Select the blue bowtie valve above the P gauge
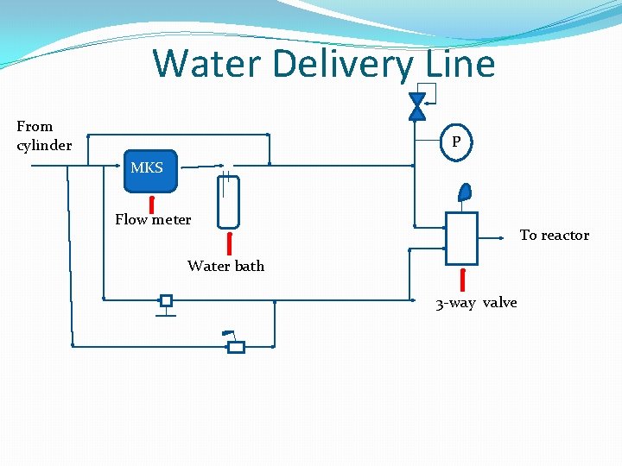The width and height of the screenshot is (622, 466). click(417, 106)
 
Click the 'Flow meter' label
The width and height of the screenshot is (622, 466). click(153, 219)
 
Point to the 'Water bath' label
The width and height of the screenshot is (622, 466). click(225, 266)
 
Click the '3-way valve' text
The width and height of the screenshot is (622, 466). click(476, 303)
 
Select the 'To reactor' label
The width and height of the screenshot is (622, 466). click(554, 235)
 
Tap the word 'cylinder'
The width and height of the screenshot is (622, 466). click(44, 145)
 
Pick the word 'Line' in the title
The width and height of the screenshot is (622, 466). click(460, 64)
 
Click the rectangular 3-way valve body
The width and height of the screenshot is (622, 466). click(461, 237)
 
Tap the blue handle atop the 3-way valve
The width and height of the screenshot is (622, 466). click(465, 193)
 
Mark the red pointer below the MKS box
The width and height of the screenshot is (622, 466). click(152, 205)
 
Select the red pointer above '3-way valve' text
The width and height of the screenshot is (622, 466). click(463, 280)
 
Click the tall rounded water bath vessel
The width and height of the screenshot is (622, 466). click(228, 201)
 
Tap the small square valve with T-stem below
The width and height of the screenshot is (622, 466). click(166, 301)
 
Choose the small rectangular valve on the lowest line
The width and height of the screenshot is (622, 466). click(235, 347)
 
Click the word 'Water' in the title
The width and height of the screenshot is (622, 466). click(204, 64)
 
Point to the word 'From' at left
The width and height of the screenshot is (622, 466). click(35, 126)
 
